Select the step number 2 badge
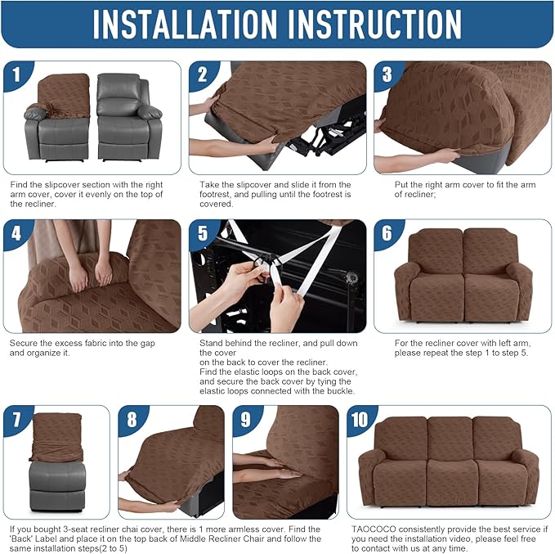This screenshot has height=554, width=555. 203,76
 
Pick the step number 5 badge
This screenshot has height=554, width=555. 203,235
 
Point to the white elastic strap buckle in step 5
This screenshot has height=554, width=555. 263,263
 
